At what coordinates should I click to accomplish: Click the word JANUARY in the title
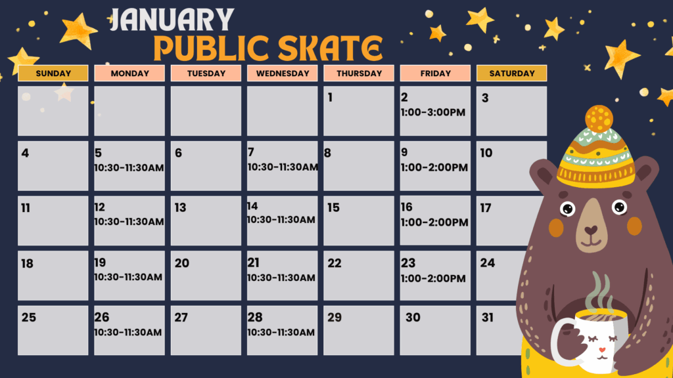coord(172,20)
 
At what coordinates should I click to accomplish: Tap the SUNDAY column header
coord(53,73)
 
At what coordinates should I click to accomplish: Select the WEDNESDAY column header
coord(283,73)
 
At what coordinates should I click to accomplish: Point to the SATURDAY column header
coord(511,73)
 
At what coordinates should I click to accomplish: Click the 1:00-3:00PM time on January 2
coord(433,113)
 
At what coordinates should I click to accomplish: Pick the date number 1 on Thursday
coord(330,98)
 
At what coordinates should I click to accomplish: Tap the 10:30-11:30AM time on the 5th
coord(129,167)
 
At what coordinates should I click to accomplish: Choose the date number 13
coord(180,208)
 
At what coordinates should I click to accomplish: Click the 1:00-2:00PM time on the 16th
coord(434,222)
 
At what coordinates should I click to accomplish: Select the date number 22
coord(335,263)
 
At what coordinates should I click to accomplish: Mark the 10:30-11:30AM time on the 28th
coord(281,333)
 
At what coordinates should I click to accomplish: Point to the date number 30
coord(413,318)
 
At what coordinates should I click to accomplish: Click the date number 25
coord(29,318)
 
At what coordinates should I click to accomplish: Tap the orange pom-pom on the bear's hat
coord(599,119)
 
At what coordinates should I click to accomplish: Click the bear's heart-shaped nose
coord(591,230)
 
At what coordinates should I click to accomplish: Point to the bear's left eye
coord(619,207)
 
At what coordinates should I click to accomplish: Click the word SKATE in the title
coord(330,47)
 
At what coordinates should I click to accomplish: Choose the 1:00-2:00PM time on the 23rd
coord(433,278)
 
